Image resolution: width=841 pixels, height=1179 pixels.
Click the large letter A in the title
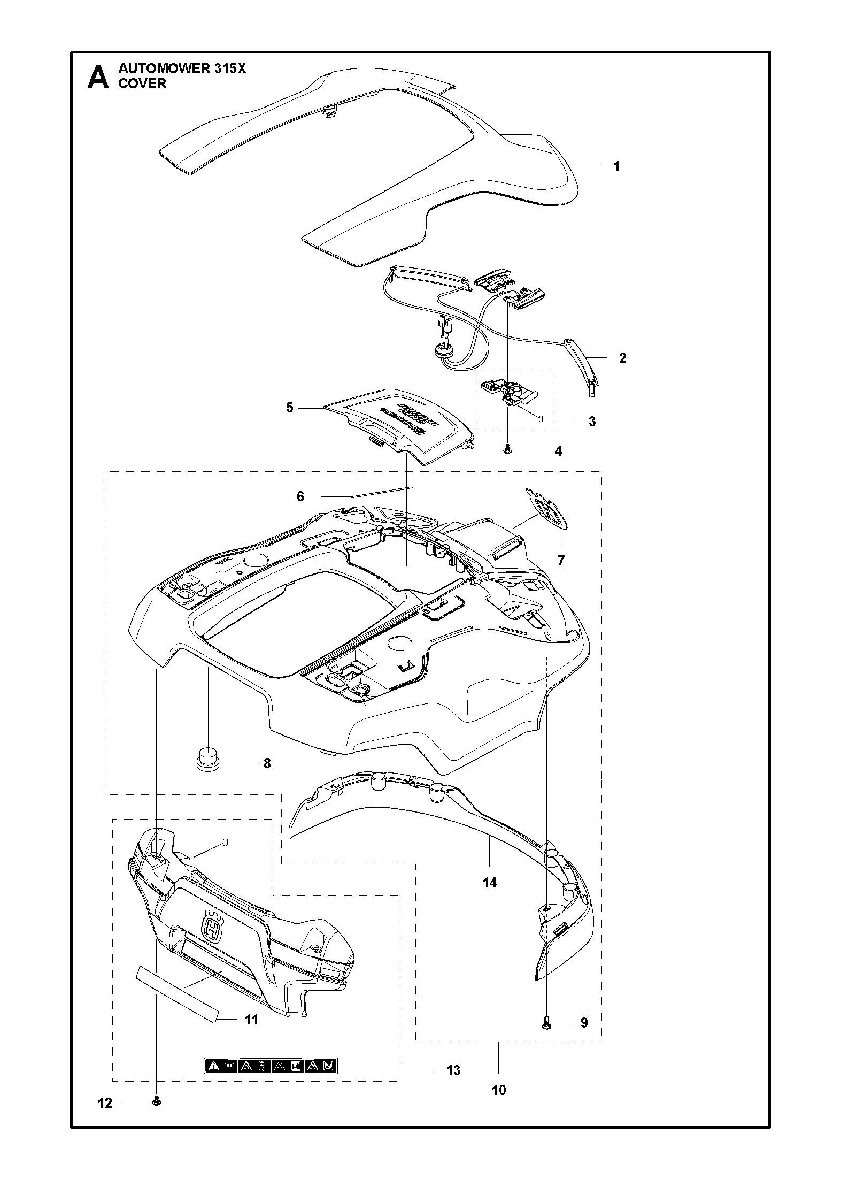coord(98,77)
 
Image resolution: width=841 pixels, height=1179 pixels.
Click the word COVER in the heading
coord(142,84)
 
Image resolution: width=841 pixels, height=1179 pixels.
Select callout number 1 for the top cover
coord(616,166)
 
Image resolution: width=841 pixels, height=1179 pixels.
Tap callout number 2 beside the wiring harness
coord(623,358)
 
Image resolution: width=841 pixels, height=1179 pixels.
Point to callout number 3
coord(592,422)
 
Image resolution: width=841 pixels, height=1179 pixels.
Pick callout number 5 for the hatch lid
coord(289,408)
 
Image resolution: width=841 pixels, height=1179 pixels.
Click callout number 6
coord(300,497)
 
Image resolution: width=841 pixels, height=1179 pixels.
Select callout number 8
coord(267,763)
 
